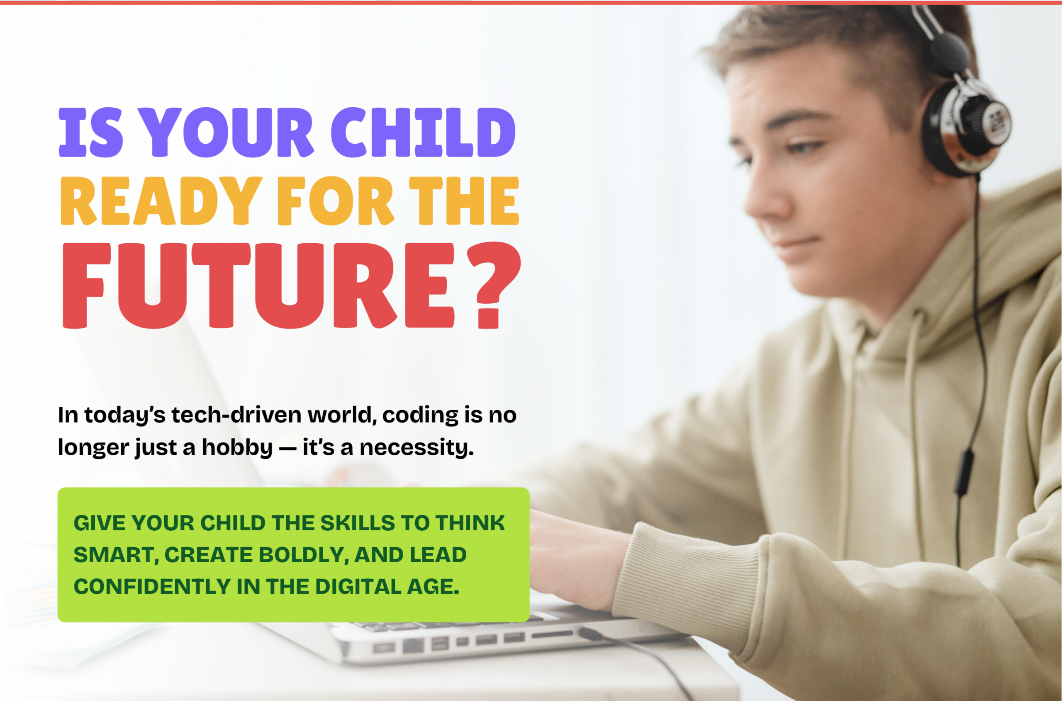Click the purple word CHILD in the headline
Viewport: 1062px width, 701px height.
coord(423,132)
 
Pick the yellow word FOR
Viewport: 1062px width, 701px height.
coord(336,201)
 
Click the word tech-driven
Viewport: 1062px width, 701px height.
coord(237,414)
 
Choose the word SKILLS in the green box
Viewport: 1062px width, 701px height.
coord(358,523)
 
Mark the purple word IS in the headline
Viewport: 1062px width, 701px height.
coord(91,132)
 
